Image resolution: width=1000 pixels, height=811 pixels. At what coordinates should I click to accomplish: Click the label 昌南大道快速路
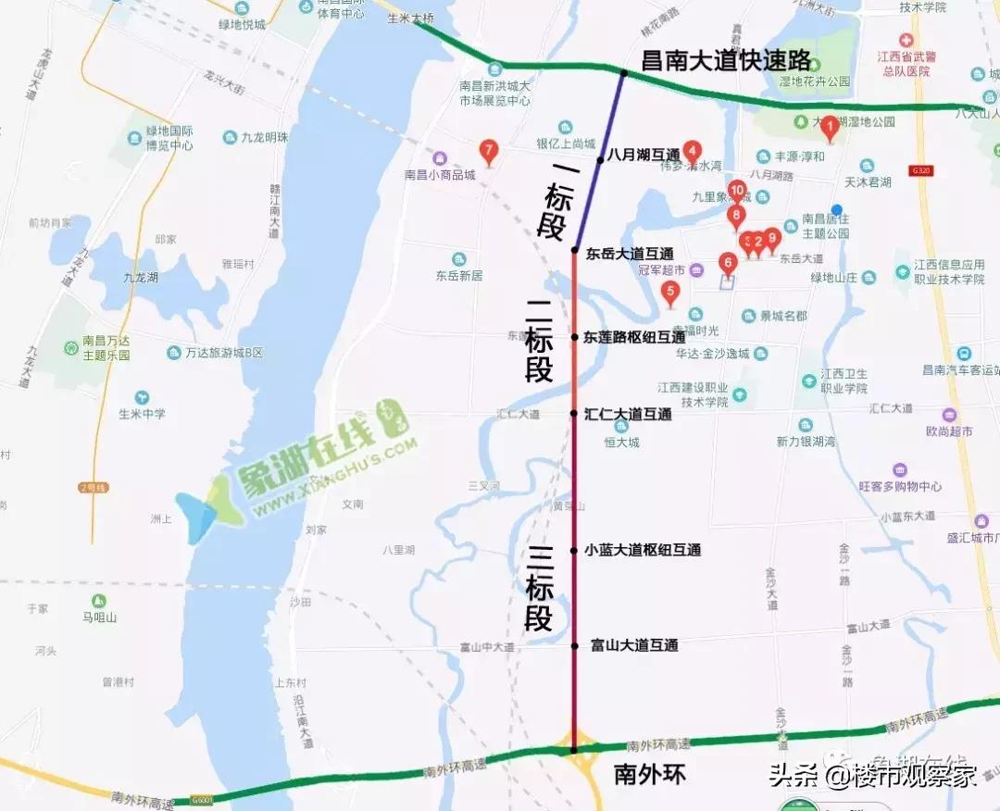(727, 62)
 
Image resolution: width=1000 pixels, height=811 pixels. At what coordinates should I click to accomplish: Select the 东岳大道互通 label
(630, 254)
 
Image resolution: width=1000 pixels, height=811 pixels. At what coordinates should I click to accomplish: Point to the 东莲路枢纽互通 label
(634, 338)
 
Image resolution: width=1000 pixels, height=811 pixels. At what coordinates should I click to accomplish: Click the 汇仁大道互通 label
(628, 415)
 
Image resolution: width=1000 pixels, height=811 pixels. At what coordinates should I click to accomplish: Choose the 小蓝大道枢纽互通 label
(642, 550)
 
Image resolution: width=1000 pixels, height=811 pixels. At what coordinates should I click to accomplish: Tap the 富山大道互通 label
(634, 644)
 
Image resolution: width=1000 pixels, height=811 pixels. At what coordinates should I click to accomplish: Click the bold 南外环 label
(650, 775)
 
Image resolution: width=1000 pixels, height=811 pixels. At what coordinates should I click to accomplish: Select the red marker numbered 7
(489, 150)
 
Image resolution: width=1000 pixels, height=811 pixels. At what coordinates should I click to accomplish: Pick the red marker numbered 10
(737, 192)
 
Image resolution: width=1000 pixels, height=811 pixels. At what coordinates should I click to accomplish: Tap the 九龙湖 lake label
(141, 277)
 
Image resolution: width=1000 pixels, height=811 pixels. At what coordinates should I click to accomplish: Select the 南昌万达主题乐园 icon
(70, 347)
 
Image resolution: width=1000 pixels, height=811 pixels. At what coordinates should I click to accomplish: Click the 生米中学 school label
(142, 414)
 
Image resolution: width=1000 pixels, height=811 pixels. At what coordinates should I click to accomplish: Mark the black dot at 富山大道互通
(574, 645)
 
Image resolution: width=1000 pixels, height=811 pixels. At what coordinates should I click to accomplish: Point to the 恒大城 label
(622, 443)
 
